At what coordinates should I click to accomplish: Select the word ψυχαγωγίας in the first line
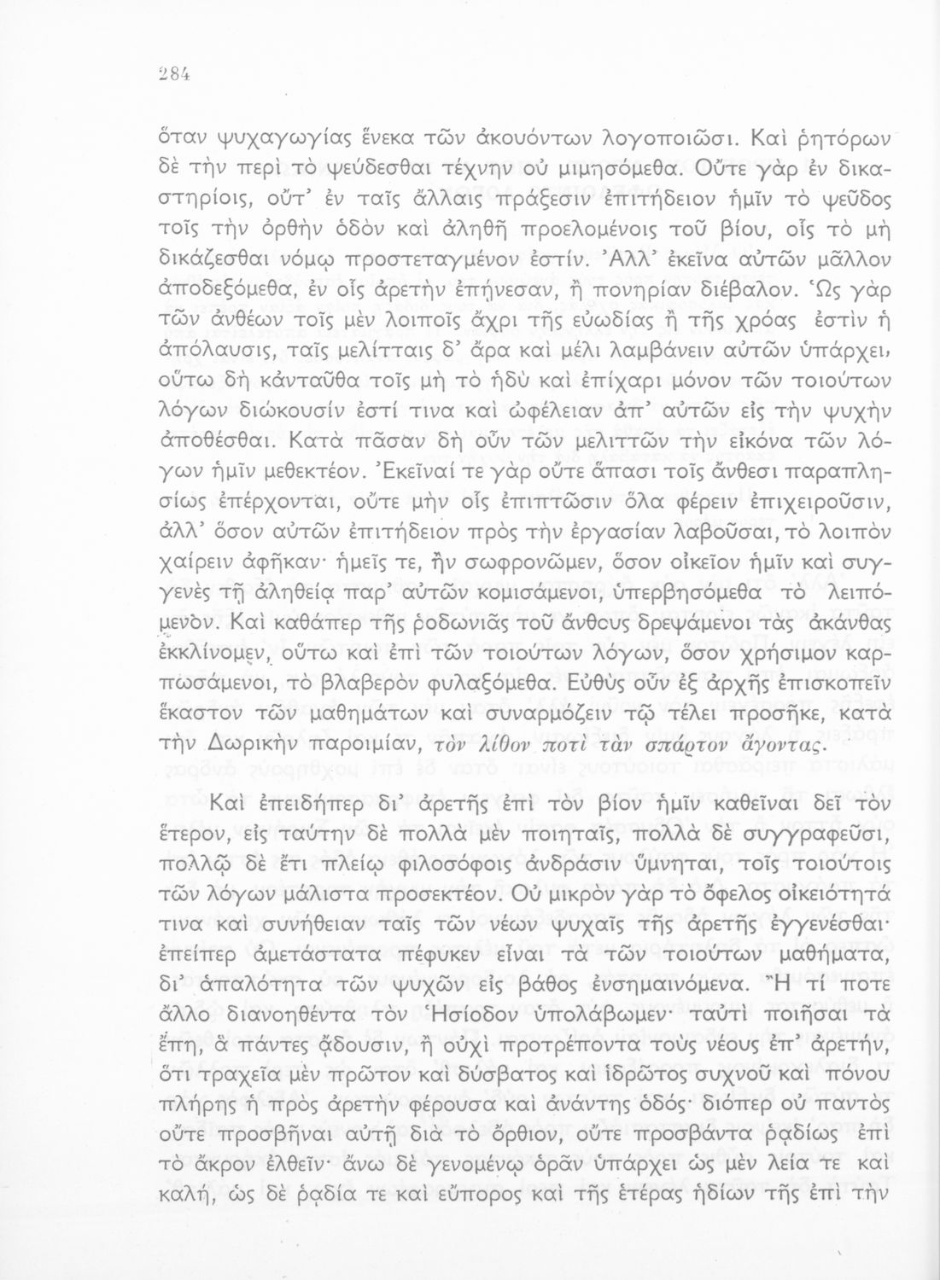[263, 143]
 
